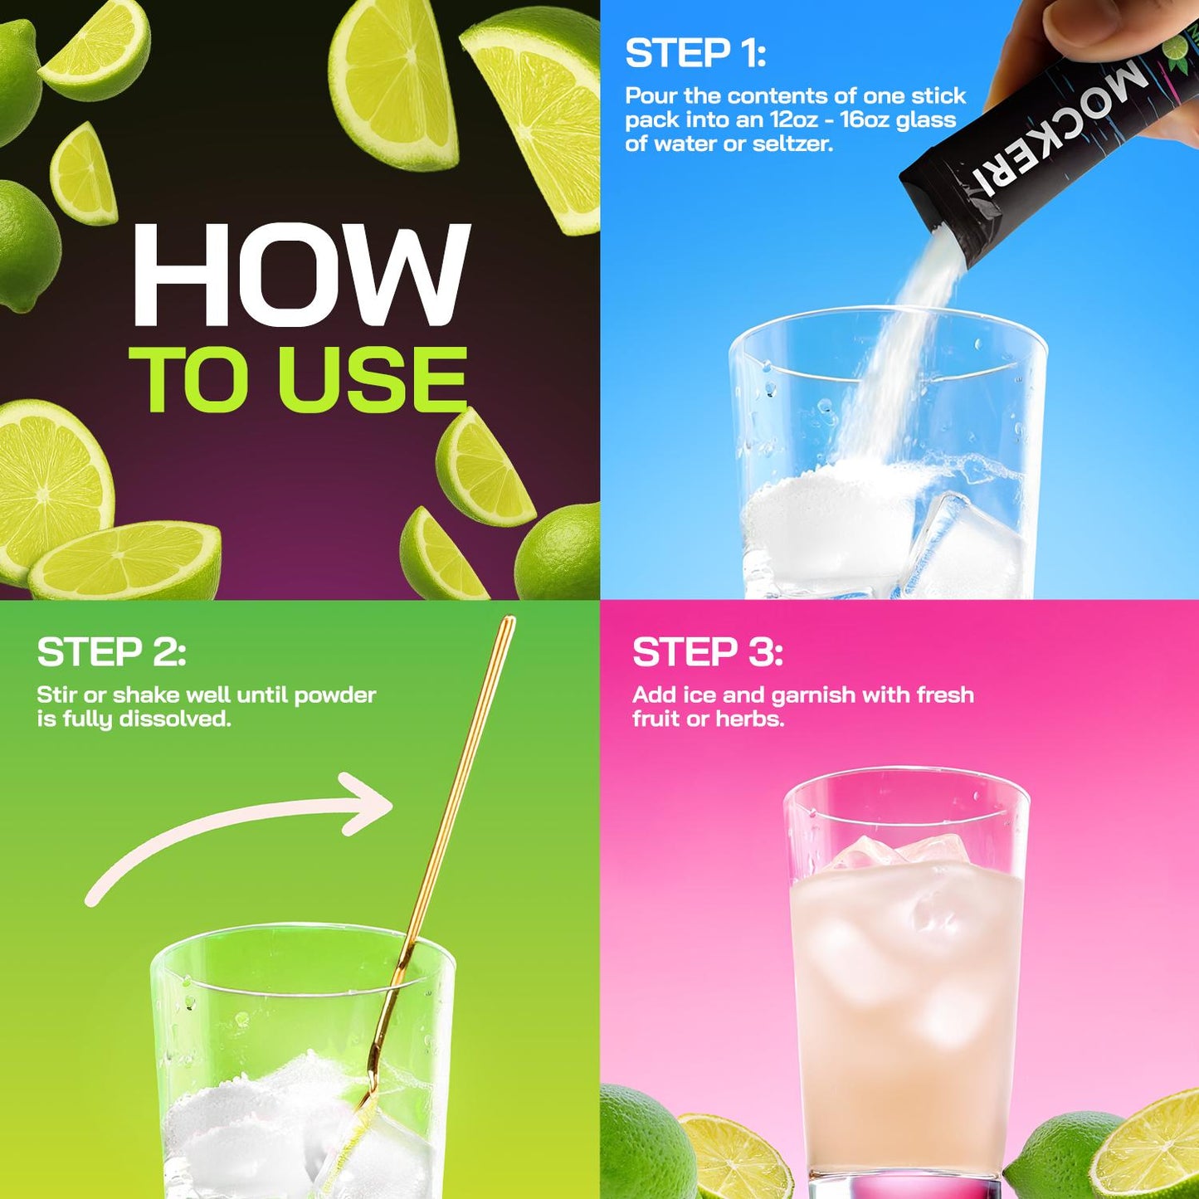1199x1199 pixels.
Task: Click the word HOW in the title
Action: (x=301, y=275)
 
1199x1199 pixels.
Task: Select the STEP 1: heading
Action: (x=695, y=53)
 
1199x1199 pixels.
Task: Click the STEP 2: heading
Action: (x=111, y=651)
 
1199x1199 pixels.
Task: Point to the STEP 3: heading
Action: (x=708, y=651)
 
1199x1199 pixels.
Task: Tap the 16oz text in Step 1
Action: (x=863, y=119)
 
